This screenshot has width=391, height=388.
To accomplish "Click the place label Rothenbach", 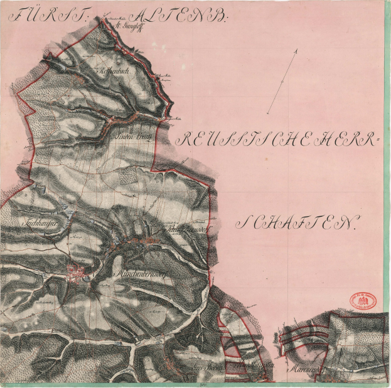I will point(114,72).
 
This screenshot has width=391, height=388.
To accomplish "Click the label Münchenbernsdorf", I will point(140,275).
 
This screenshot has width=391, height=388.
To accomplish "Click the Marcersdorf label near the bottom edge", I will point(304,370).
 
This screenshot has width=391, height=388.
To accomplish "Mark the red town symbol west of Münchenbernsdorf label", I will point(75,273).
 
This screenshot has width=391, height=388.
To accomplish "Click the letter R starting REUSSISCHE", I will point(183,140).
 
